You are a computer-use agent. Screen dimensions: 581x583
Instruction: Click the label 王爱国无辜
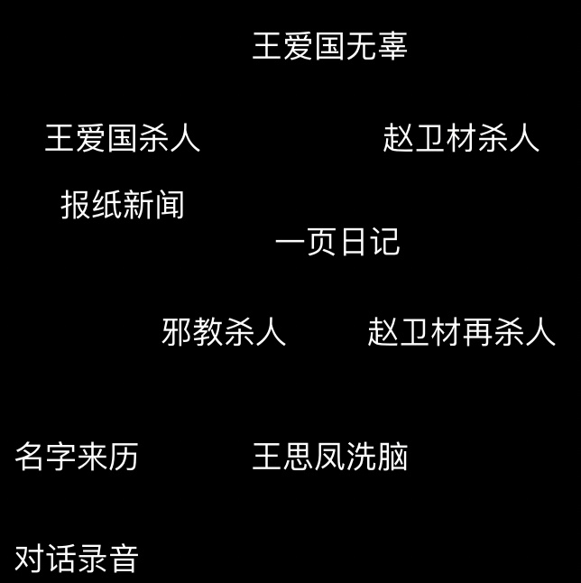(329, 46)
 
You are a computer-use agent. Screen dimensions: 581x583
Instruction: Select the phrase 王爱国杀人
(123, 138)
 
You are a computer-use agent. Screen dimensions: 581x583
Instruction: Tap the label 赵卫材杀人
(461, 138)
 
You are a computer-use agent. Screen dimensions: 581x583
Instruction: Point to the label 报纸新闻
(123, 205)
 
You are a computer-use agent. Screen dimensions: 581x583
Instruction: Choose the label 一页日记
(337, 242)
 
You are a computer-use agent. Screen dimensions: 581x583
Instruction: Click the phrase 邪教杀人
(224, 331)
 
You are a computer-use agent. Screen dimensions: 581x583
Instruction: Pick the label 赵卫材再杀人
(461, 331)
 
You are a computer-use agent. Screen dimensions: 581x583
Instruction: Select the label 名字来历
(77, 457)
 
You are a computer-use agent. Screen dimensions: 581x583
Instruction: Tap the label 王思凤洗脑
(329, 457)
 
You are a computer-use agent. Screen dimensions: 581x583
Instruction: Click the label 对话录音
(77, 559)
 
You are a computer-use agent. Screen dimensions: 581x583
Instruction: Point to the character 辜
(392, 46)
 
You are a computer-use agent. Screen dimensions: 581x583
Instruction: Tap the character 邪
(177, 331)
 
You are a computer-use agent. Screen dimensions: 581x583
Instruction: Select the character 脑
(393, 457)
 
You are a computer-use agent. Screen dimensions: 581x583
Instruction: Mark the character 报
(76, 205)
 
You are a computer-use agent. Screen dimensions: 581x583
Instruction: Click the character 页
(321, 242)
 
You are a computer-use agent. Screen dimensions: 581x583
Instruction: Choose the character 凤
(329, 457)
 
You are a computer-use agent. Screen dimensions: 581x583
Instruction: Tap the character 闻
(170, 205)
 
